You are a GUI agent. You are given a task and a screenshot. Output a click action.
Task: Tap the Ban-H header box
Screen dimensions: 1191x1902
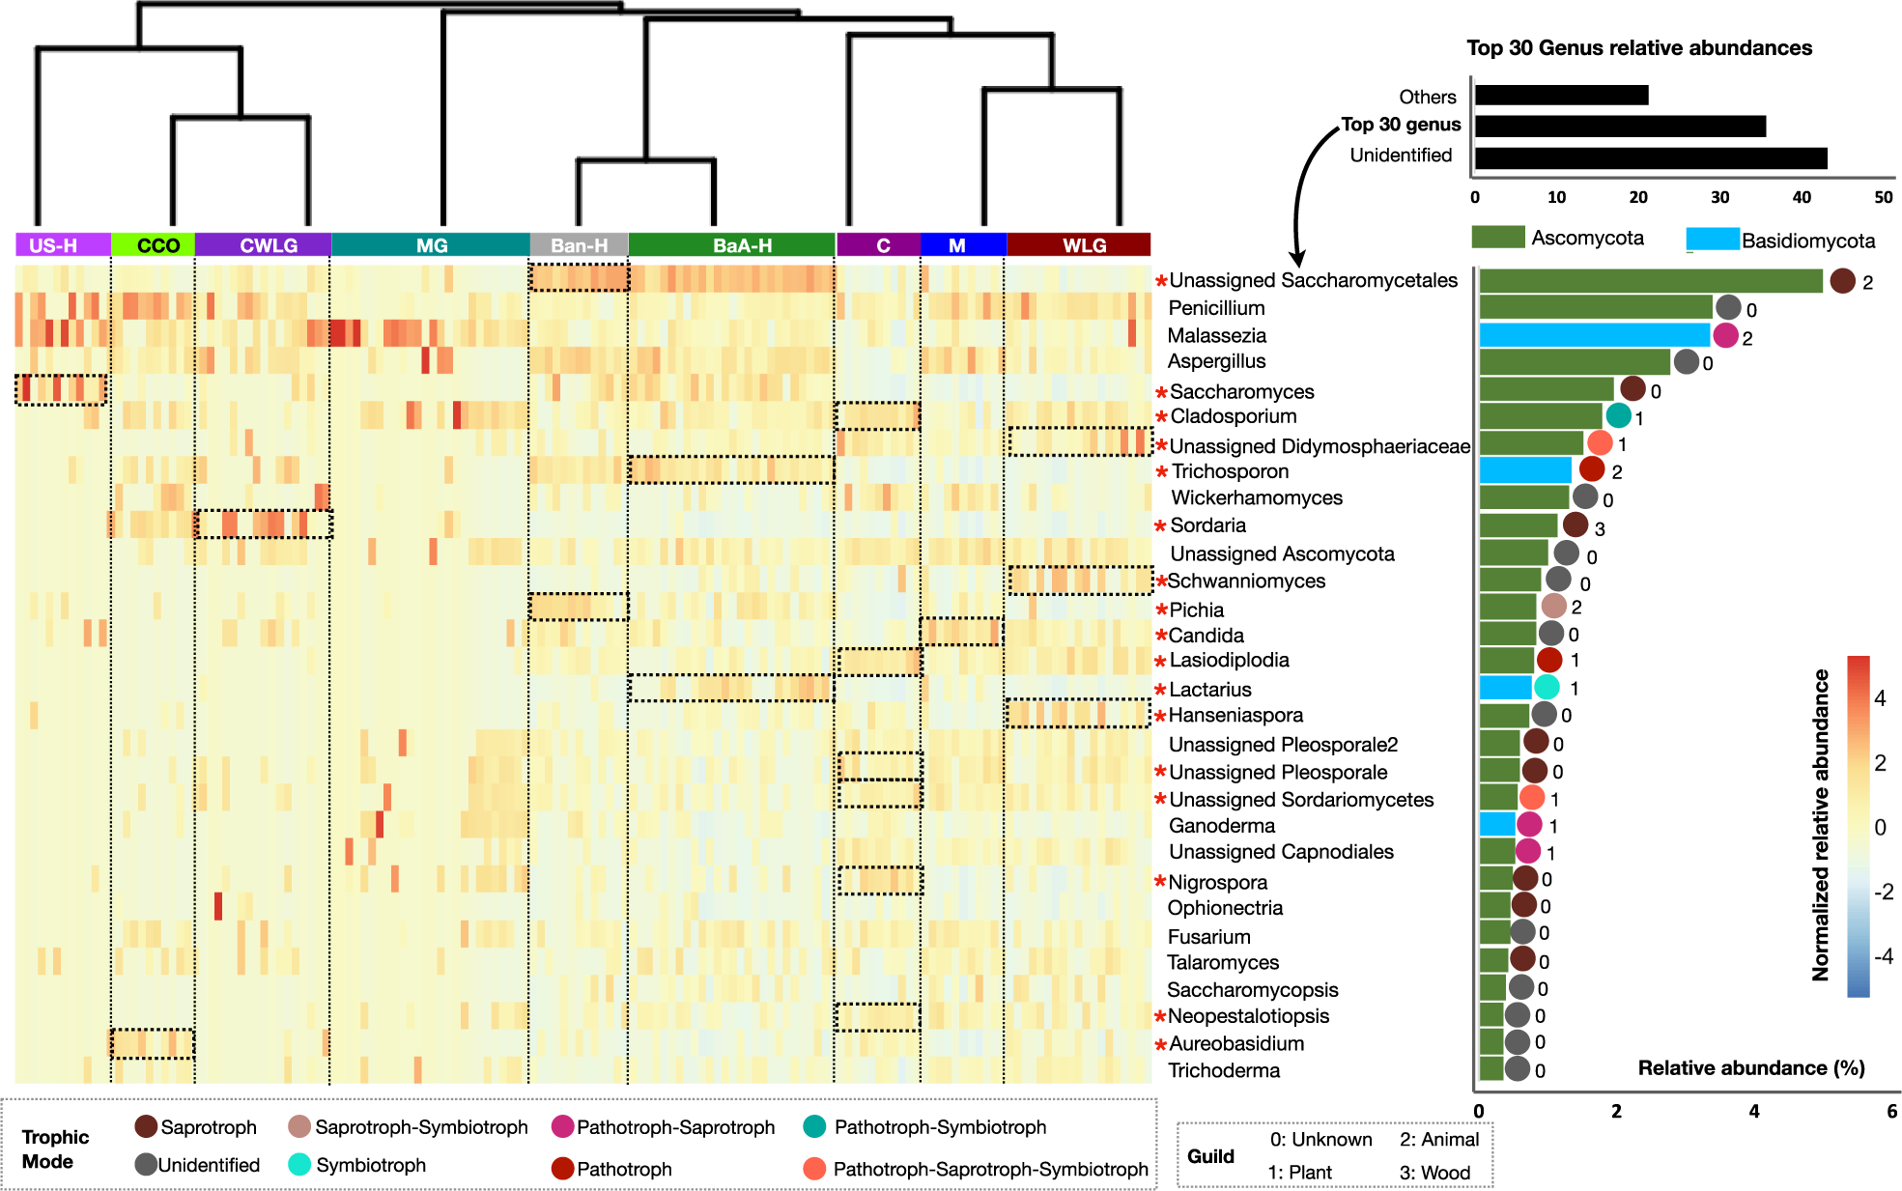coord(579,245)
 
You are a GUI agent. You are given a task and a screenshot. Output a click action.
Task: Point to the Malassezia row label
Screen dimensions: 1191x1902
coord(1216,335)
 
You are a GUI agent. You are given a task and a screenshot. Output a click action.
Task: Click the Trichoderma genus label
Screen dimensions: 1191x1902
coord(1223,1070)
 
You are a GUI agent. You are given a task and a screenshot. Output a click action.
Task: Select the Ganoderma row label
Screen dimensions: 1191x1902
coord(1221,826)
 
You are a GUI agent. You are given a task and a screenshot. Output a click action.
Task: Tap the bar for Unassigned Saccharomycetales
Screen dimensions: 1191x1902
coord(1650,281)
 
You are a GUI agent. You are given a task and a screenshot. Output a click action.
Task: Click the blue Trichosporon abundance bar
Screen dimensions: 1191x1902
coord(1525,470)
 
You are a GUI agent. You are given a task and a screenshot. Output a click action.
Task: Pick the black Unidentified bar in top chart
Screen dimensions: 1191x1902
coord(1651,157)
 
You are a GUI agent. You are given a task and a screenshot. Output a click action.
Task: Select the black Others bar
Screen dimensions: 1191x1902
coord(1561,96)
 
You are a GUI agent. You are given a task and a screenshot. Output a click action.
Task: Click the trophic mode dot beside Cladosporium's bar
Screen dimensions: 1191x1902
coord(1618,416)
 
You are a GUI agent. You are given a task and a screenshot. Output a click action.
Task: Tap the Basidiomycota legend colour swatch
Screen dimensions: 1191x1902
coord(1712,239)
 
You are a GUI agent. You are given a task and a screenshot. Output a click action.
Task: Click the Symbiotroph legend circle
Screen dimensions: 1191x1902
coord(299,1164)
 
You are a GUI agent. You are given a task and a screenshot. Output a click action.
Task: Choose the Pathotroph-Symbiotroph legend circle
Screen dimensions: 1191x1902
coord(814,1126)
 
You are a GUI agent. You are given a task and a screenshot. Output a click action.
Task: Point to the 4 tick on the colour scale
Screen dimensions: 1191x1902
coord(1880,698)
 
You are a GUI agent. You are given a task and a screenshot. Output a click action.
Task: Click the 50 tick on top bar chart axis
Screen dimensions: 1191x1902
coord(1883,197)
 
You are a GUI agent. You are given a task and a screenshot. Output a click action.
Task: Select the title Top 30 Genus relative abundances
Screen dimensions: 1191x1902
coord(1638,47)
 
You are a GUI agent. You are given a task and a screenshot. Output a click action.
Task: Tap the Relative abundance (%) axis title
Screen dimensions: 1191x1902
coord(1750,1067)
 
